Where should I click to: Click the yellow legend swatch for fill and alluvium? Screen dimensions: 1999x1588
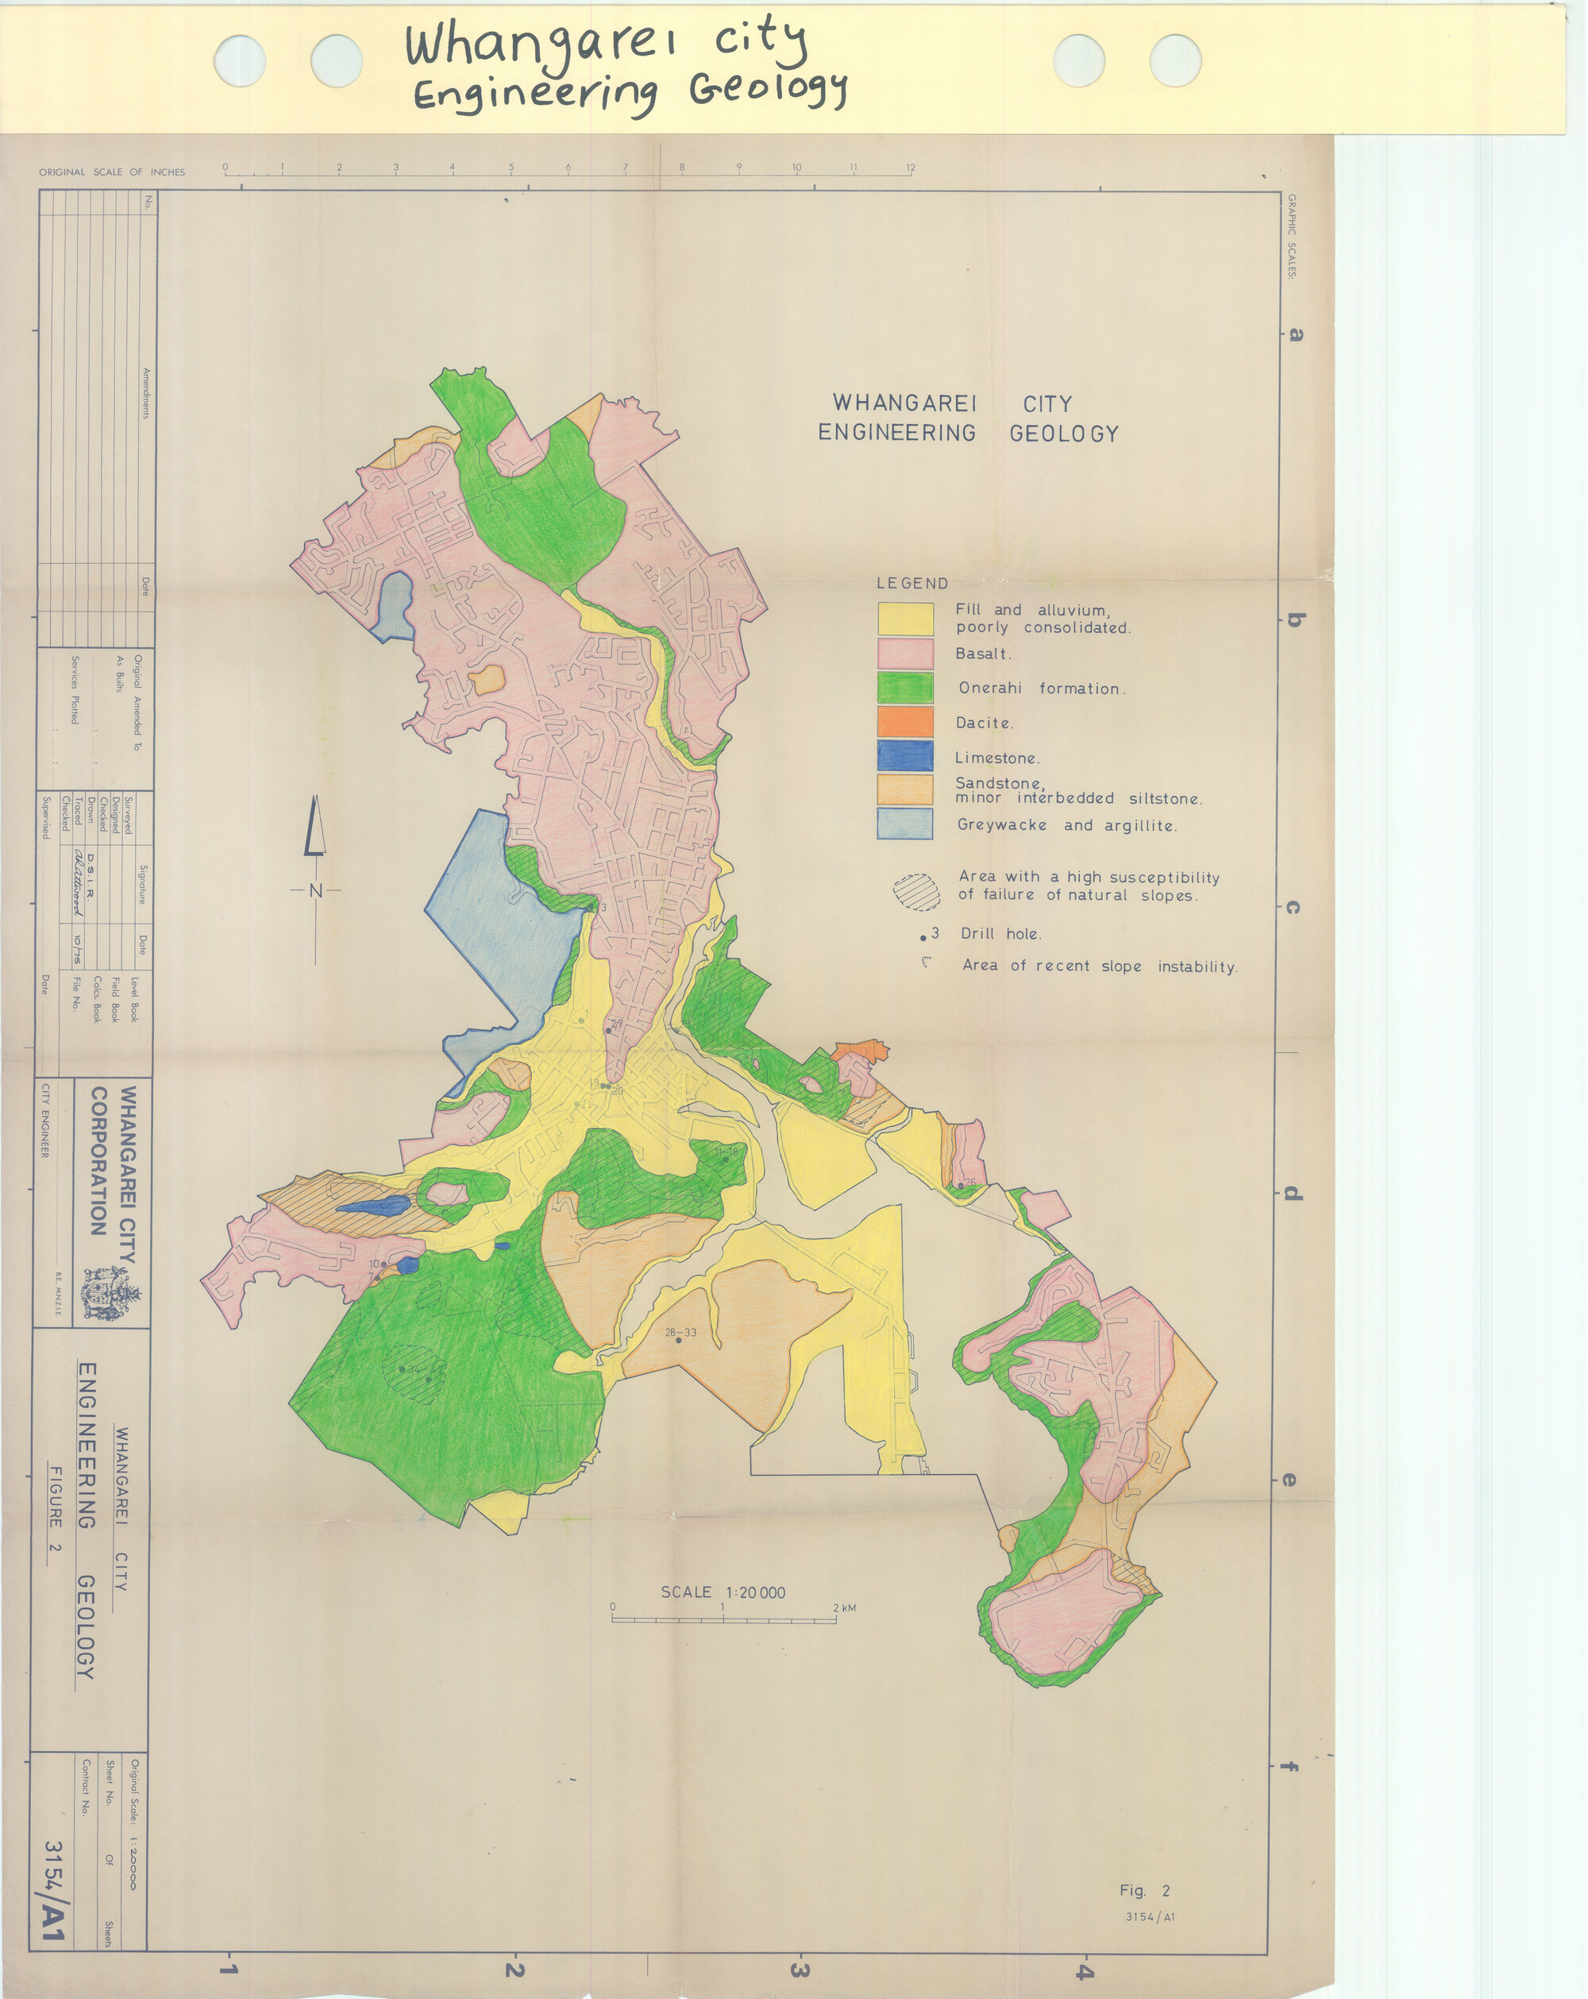(905, 619)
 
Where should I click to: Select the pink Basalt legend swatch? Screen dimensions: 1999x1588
(905, 654)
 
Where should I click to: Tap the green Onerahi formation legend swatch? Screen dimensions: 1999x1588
(905, 687)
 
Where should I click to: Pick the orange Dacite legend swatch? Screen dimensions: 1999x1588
(905, 722)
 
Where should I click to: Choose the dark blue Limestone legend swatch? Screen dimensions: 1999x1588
(905, 757)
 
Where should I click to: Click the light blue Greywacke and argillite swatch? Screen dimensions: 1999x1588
(905, 824)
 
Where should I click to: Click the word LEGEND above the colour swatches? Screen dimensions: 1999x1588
(912, 583)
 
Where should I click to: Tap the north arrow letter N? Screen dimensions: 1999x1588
(315, 891)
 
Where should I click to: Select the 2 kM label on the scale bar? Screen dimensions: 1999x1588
(843, 1607)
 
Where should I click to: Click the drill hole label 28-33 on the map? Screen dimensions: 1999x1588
(680, 1333)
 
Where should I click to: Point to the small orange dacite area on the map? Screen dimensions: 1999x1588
(861, 1052)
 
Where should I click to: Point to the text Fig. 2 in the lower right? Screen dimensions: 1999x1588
(1145, 1890)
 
